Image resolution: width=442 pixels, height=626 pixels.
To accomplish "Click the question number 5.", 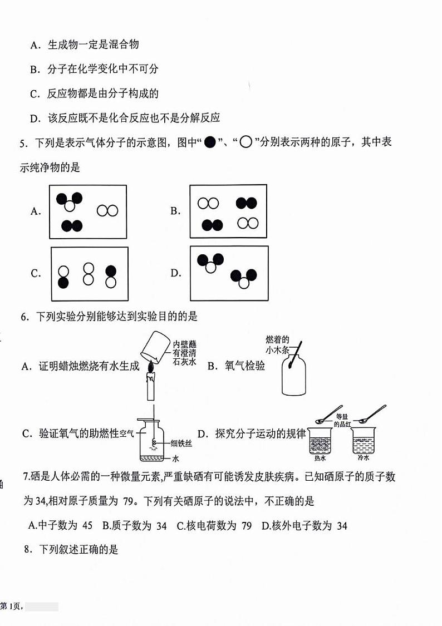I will [23, 144].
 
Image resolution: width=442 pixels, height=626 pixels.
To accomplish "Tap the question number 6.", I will [24, 317].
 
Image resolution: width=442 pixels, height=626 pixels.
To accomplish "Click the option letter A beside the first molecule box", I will [36, 211].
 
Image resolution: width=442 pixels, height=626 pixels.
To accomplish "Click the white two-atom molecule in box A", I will [107, 210].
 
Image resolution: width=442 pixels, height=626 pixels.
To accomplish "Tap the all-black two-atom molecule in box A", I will [72, 225].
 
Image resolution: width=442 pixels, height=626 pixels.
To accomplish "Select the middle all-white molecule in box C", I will [88, 274].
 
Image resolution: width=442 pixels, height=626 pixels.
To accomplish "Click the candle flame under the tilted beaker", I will [150, 367].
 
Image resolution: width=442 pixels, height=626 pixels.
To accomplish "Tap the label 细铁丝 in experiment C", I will [181, 443].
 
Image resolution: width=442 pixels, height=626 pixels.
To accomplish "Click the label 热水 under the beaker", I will [320, 459].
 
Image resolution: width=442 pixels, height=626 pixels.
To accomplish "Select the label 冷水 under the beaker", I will [364, 459].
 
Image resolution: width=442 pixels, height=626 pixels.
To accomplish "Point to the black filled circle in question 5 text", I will [210, 142].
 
